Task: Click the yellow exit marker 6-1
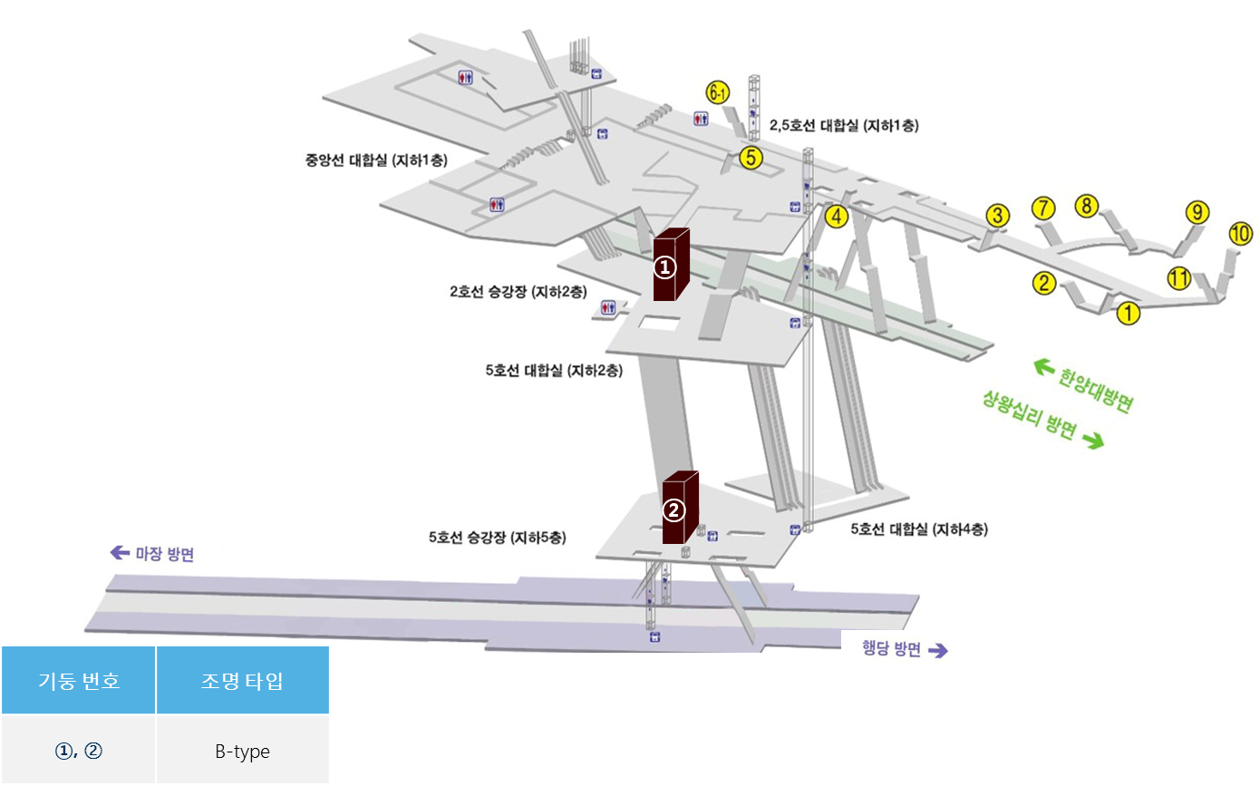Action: point(718,92)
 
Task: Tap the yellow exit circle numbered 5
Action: point(751,158)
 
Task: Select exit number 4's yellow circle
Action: point(837,216)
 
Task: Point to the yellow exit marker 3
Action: point(998,215)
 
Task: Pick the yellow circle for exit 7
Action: point(1043,208)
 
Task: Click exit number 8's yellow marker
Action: point(1087,206)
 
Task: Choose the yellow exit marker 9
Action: point(1197,212)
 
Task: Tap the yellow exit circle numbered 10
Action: point(1241,233)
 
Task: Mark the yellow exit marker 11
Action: point(1178,277)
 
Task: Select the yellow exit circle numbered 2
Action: point(1044,283)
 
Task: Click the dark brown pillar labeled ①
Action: point(671,264)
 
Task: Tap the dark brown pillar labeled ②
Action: point(680,507)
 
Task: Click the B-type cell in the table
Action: point(243,750)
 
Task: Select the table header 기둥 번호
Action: point(79,680)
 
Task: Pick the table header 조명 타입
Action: point(243,680)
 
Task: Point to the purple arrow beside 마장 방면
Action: point(120,553)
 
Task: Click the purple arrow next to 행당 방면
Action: point(937,651)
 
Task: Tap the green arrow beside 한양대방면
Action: point(1044,367)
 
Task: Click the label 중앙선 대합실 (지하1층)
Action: point(376,160)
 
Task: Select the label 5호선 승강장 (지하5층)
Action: point(498,538)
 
